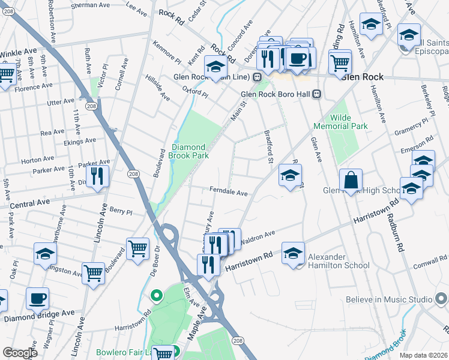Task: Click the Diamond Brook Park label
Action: pyautogui.click(x=190, y=151)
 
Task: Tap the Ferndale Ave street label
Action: pyautogui.click(x=229, y=193)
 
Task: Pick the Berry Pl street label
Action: pyautogui.click(x=120, y=212)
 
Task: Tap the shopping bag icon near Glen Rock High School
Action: pyautogui.click(x=351, y=179)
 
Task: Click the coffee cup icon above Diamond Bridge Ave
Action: pyautogui.click(x=38, y=298)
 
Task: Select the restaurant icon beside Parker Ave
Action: pyautogui.click(x=96, y=176)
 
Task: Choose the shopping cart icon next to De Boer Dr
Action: pyautogui.click(x=137, y=247)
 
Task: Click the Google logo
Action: pyautogui.click(x=19, y=353)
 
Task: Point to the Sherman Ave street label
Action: pyautogui.click(x=91, y=5)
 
